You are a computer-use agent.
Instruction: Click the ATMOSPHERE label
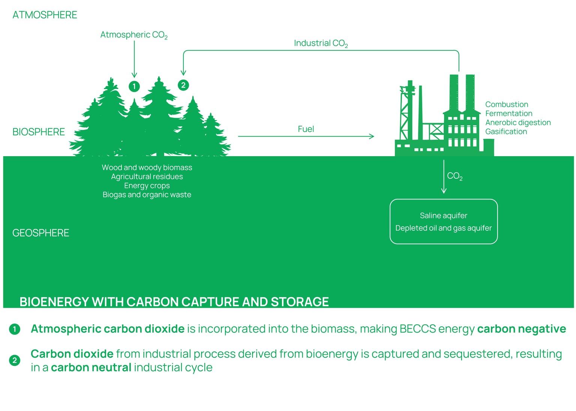(x=45, y=15)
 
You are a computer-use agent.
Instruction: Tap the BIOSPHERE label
(x=39, y=132)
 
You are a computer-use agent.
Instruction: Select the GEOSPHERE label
(x=40, y=233)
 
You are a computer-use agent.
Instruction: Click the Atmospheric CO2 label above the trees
(x=133, y=35)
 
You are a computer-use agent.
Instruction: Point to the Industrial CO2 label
(x=321, y=44)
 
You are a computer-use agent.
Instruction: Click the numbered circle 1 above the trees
(x=134, y=86)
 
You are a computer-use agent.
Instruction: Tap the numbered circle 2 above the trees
(x=183, y=85)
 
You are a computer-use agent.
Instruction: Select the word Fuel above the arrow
(x=306, y=129)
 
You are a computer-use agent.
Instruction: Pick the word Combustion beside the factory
(x=506, y=104)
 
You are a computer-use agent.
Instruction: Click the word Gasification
(x=506, y=132)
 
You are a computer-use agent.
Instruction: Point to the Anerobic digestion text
(x=518, y=122)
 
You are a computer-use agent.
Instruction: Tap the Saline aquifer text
(x=443, y=215)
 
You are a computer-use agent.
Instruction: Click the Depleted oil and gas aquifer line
(x=443, y=228)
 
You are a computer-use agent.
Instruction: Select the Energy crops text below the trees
(x=147, y=186)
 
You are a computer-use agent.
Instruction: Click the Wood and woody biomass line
(x=147, y=167)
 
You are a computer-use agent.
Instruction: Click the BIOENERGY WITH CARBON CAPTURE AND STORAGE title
(x=174, y=302)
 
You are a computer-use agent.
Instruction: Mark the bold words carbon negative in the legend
(x=521, y=329)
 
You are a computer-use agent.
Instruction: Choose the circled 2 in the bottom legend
(x=15, y=361)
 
